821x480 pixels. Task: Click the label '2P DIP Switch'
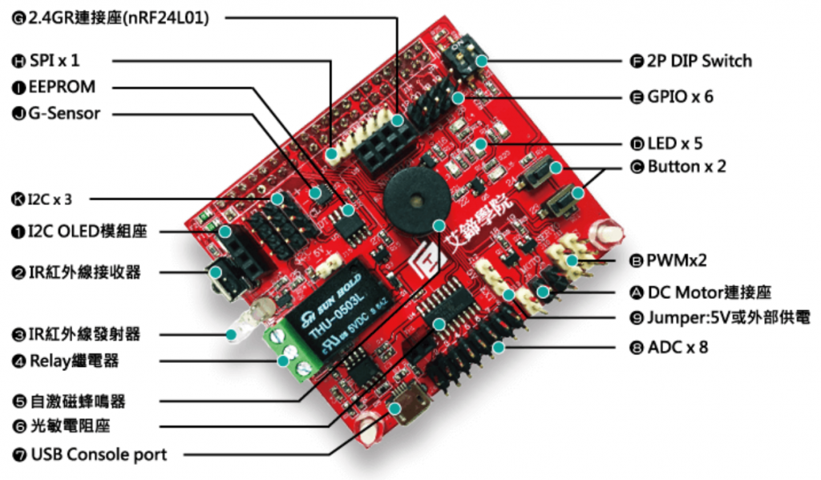(699, 61)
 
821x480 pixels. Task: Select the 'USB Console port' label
(99, 455)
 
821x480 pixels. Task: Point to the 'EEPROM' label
(62, 87)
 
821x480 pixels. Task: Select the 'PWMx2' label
(677, 260)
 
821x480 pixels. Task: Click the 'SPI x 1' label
(55, 61)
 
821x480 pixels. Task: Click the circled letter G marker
(18, 18)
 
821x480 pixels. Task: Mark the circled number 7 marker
(18, 455)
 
